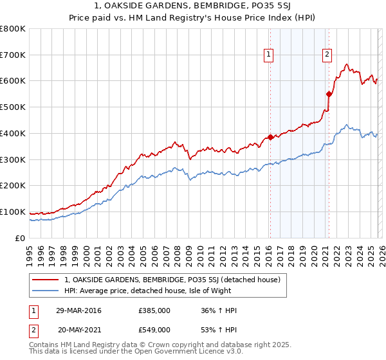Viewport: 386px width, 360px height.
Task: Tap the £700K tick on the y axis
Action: coord(13,55)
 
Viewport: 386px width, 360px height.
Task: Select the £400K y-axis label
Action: coord(13,133)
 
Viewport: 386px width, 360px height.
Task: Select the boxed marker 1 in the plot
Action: coord(268,55)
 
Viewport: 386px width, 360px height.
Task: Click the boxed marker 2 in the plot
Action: coord(327,55)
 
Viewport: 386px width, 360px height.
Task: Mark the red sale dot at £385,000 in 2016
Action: coord(270,137)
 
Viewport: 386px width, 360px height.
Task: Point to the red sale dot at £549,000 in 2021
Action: coord(329,94)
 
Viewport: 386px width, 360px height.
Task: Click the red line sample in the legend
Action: coord(46,280)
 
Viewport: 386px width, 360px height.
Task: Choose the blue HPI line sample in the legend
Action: coord(46,291)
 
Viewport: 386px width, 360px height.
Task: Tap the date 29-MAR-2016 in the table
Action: coord(78,310)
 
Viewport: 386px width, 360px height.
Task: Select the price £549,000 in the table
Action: coord(154,329)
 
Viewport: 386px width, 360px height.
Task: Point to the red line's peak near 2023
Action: coord(347,64)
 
